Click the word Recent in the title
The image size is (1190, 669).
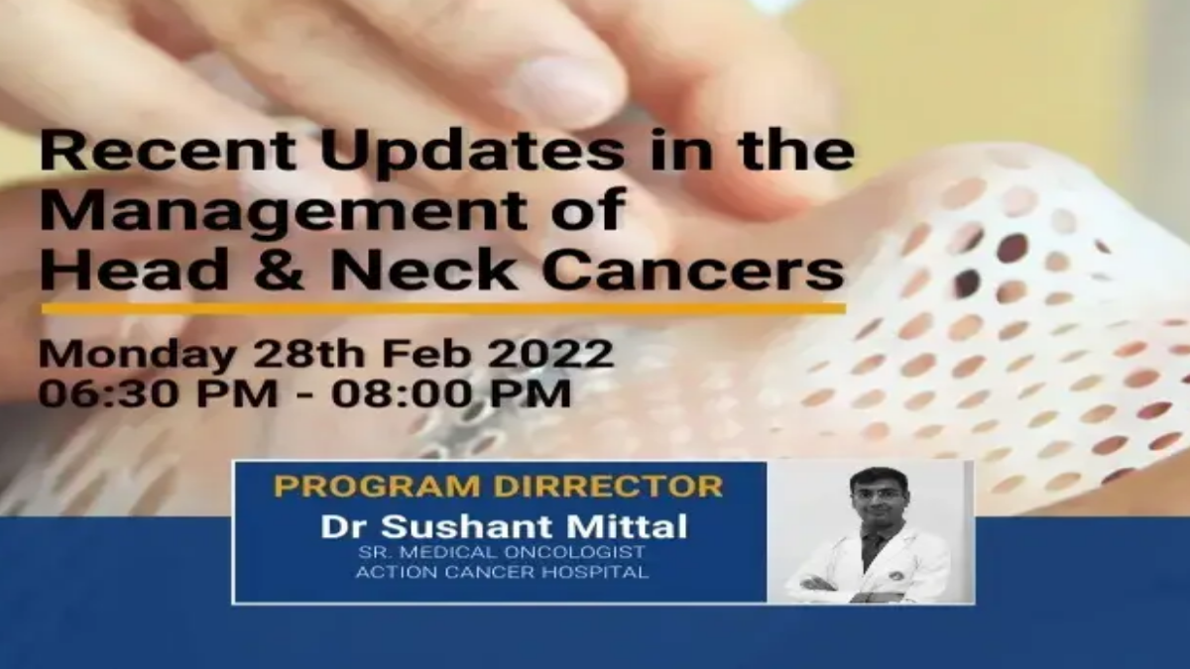click(168, 150)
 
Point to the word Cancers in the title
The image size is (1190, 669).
click(692, 270)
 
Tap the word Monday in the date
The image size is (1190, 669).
click(137, 355)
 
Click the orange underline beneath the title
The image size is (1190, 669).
click(443, 308)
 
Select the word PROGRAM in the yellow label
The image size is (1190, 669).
click(381, 487)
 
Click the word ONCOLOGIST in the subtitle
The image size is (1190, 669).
click(574, 553)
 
